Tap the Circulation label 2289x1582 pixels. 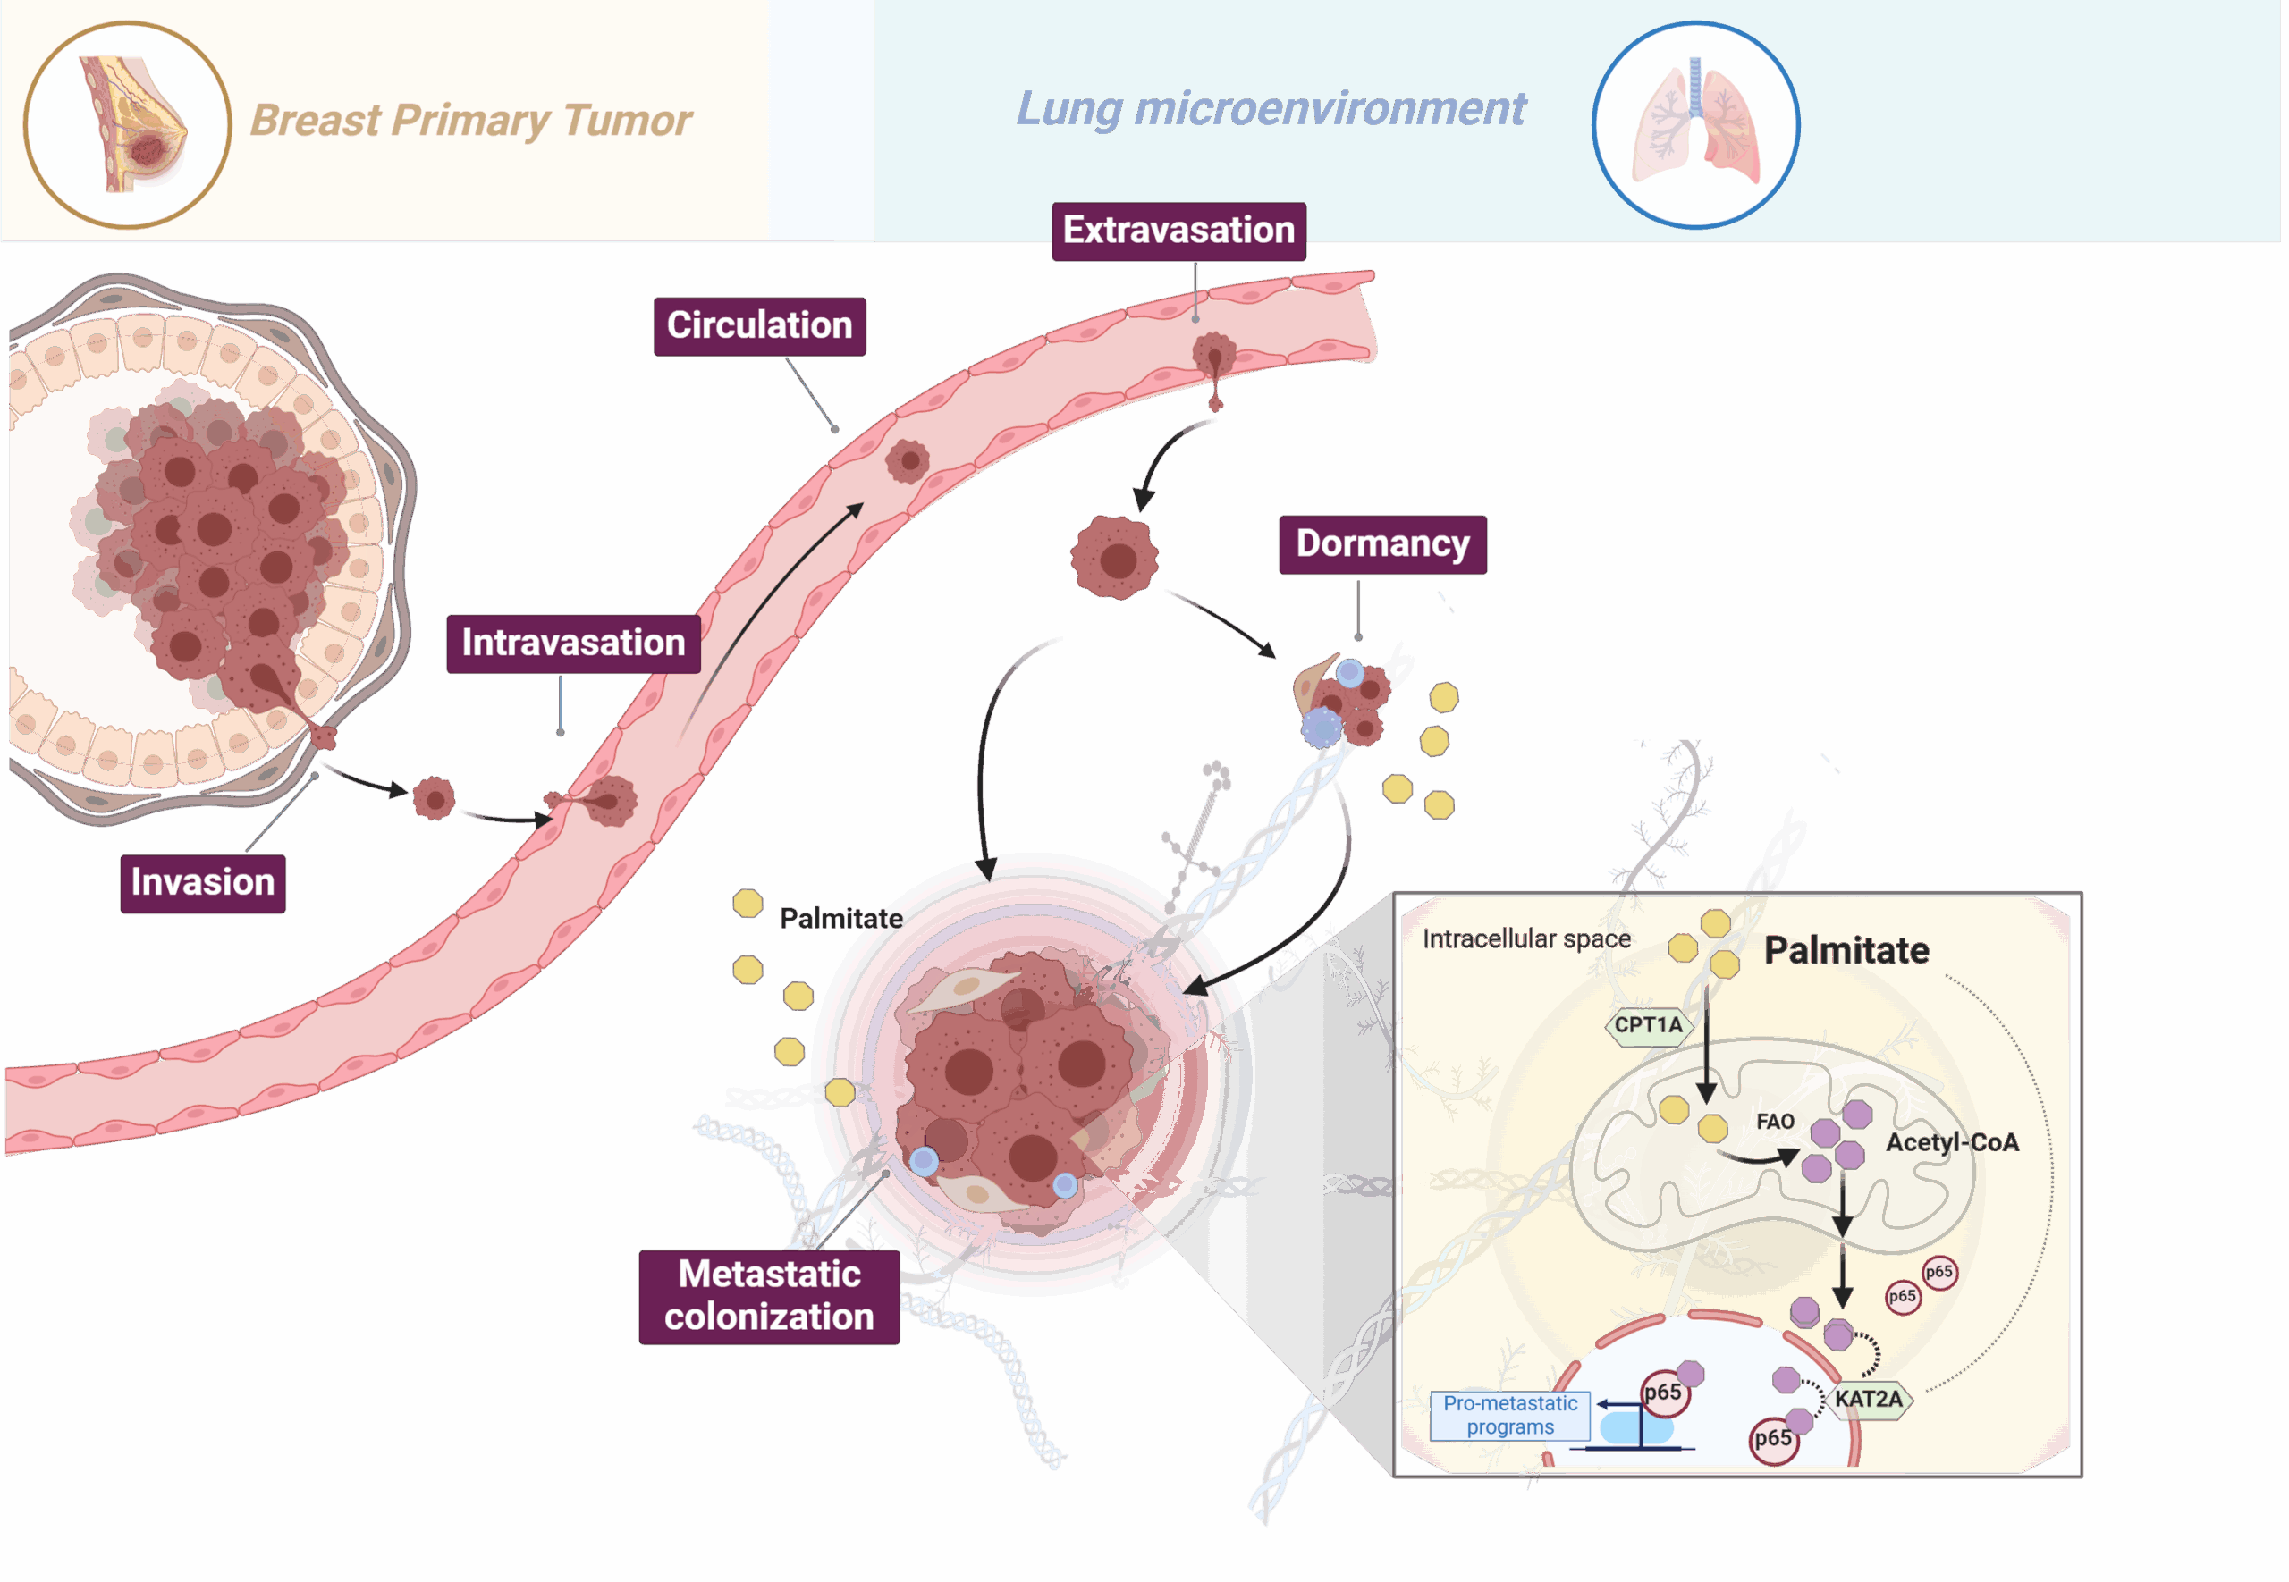pos(759,326)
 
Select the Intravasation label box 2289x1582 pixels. pos(573,644)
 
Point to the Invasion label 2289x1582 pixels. pos(203,883)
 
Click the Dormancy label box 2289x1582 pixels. pos(1382,544)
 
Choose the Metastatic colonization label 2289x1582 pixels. pos(769,1295)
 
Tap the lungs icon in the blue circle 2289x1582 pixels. pos(1695,125)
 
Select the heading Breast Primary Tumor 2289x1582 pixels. pos(471,121)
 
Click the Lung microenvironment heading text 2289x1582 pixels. pos(1271,109)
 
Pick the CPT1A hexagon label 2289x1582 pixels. pos(1648,1025)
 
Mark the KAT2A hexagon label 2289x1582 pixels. pos(1868,1399)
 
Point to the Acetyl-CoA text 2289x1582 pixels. pos(1951,1143)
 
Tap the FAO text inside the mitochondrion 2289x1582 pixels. pos(1775,1121)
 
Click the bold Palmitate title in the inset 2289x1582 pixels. pos(1846,951)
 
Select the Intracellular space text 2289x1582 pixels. pos(1525,938)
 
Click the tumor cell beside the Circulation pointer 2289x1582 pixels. pos(907,461)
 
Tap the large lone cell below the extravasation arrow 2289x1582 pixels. pos(1115,557)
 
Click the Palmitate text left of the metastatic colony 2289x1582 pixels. pos(840,918)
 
